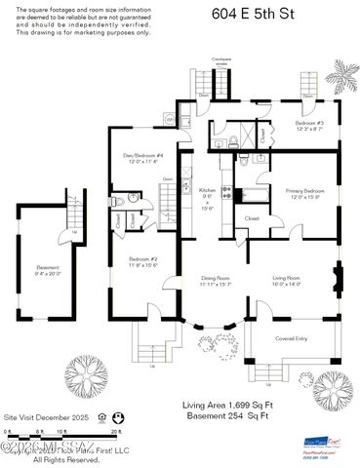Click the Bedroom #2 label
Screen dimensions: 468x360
coord(142,260)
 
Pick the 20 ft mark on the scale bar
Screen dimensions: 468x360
coord(115,430)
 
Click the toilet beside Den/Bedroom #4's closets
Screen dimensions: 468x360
coord(116,201)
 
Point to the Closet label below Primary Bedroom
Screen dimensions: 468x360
coord(252,218)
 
